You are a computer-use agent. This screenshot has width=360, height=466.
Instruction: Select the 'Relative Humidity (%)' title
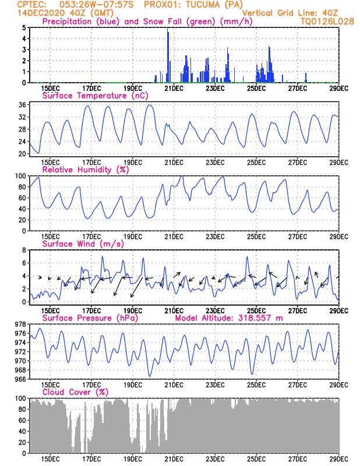tap(86, 170)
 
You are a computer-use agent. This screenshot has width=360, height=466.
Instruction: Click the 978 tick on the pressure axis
tap(19, 324)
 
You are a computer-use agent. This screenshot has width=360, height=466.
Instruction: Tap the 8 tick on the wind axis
tap(24, 249)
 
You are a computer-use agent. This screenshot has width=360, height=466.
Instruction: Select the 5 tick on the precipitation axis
tap(24, 27)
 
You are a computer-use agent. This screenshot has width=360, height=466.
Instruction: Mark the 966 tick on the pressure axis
tap(19, 379)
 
